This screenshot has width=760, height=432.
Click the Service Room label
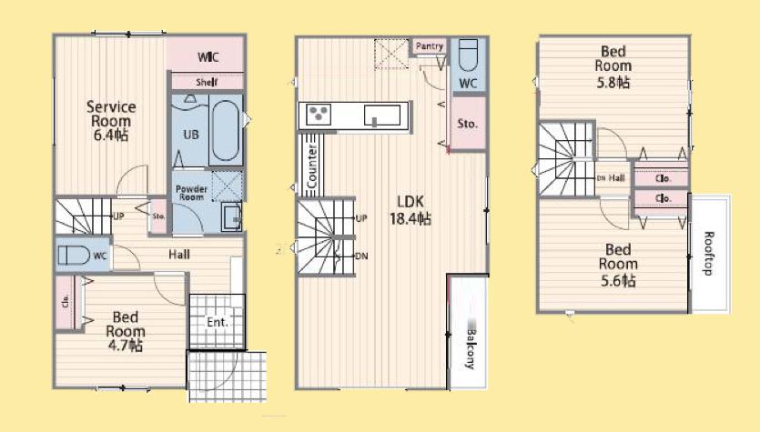tap(110, 119)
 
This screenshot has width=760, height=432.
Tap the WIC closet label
tap(207, 57)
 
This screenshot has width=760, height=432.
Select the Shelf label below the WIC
tap(206, 81)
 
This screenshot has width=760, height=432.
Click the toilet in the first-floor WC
tap(73, 256)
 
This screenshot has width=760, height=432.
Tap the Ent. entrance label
tap(217, 321)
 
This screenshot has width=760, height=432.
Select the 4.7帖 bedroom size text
tap(125, 345)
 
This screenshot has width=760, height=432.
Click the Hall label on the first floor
tap(178, 255)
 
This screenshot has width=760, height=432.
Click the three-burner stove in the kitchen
tap(319, 115)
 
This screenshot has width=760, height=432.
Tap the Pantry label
tap(429, 46)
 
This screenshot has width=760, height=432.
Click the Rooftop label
tap(710, 253)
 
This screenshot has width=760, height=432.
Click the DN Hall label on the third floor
tap(610, 177)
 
